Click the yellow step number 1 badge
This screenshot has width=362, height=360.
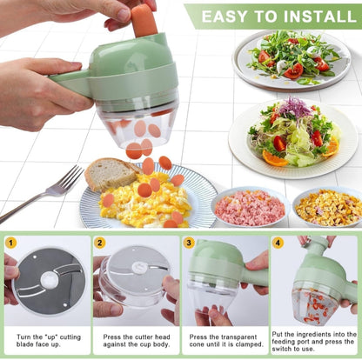[x=11, y=243]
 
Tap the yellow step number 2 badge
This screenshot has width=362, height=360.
[x=100, y=243]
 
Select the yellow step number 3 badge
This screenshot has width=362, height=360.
[x=189, y=243]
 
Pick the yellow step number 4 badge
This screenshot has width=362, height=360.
[x=278, y=243]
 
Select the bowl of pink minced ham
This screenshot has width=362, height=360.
[x=249, y=207]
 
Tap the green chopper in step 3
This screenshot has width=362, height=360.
[x=213, y=274]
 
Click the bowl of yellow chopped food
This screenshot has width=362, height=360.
[x=328, y=207]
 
